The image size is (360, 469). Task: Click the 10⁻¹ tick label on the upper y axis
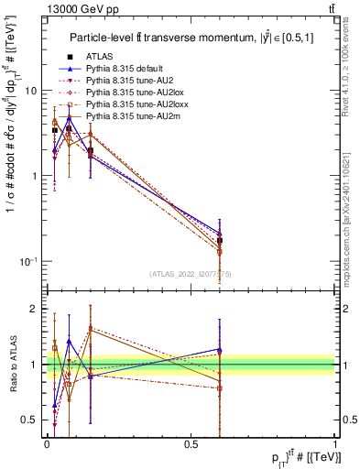(28, 262)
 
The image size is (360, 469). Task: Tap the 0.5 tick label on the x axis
(191, 443)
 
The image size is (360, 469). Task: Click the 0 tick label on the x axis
(47, 443)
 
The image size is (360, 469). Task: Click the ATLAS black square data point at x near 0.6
(219, 241)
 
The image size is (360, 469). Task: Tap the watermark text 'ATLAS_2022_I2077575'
(189, 274)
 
